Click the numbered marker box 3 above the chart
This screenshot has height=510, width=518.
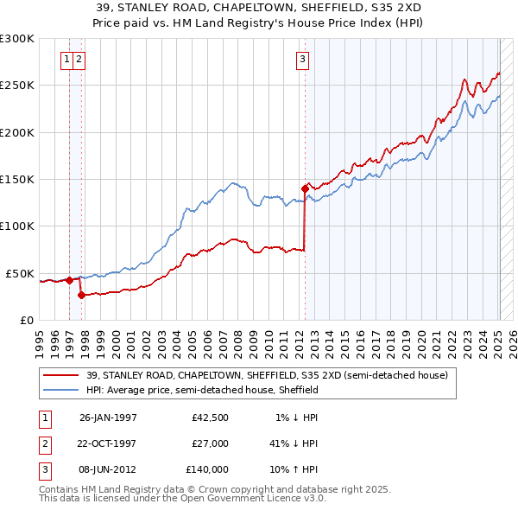tap(303, 60)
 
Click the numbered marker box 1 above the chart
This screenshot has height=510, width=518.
tap(67, 60)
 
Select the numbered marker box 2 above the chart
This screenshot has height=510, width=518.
tap(79, 60)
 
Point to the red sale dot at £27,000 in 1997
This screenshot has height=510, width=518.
tap(81, 295)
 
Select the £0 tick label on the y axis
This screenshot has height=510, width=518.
tap(26, 320)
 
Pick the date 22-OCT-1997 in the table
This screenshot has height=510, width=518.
tap(108, 443)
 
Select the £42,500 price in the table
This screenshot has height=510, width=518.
tap(210, 418)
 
